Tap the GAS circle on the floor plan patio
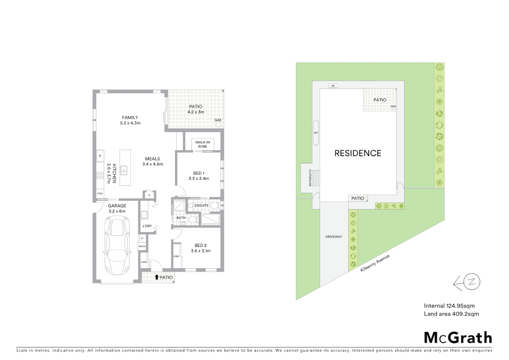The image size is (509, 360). [219, 125]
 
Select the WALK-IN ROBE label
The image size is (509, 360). [203, 144]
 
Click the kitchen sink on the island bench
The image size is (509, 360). [124, 170]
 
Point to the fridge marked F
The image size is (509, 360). [100, 156]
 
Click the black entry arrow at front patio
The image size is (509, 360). [157, 277]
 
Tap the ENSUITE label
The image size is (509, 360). [202, 206]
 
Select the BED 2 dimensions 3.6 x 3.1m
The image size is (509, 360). [201, 251]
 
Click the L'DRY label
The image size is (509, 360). [147, 226]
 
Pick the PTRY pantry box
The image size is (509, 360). [100, 194]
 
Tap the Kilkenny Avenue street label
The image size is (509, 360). [375, 263]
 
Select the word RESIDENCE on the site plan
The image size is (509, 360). [358, 153]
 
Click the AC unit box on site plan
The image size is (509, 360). [333, 86]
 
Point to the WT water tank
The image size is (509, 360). [316, 133]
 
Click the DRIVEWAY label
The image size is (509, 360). [334, 237]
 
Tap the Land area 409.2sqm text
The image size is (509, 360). [451, 314]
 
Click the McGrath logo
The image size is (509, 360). [458, 338]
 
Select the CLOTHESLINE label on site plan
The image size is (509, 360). [309, 178]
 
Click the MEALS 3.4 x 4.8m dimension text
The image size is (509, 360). [153, 164]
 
